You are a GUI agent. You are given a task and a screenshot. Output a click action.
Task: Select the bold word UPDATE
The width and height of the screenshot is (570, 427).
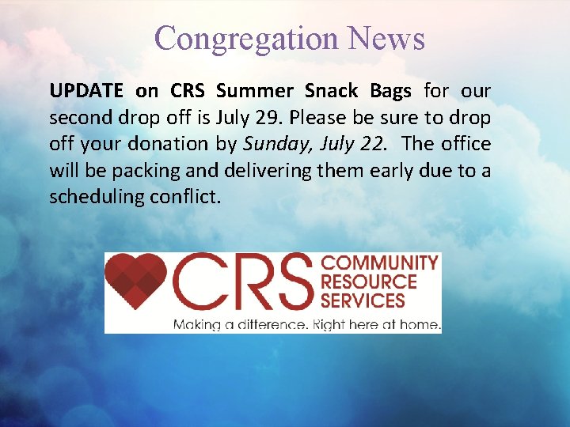pyautogui.click(x=86, y=91)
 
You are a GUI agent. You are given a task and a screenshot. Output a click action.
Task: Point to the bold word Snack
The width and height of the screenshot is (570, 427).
pyautogui.click(x=332, y=91)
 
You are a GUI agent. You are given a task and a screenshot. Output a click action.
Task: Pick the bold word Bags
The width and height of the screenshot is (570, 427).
pyautogui.click(x=390, y=91)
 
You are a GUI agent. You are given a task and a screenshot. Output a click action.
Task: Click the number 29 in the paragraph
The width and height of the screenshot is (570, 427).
pyautogui.click(x=268, y=118)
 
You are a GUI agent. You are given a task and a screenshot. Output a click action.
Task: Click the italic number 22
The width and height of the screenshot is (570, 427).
pyautogui.click(x=376, y=144)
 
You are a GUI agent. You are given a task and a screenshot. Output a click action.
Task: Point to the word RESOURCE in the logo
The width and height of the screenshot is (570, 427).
pyautogui.click(x=368, y=282)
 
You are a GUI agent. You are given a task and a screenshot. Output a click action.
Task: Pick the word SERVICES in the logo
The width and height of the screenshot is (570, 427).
pyautogui.click(x=363, y=300)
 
